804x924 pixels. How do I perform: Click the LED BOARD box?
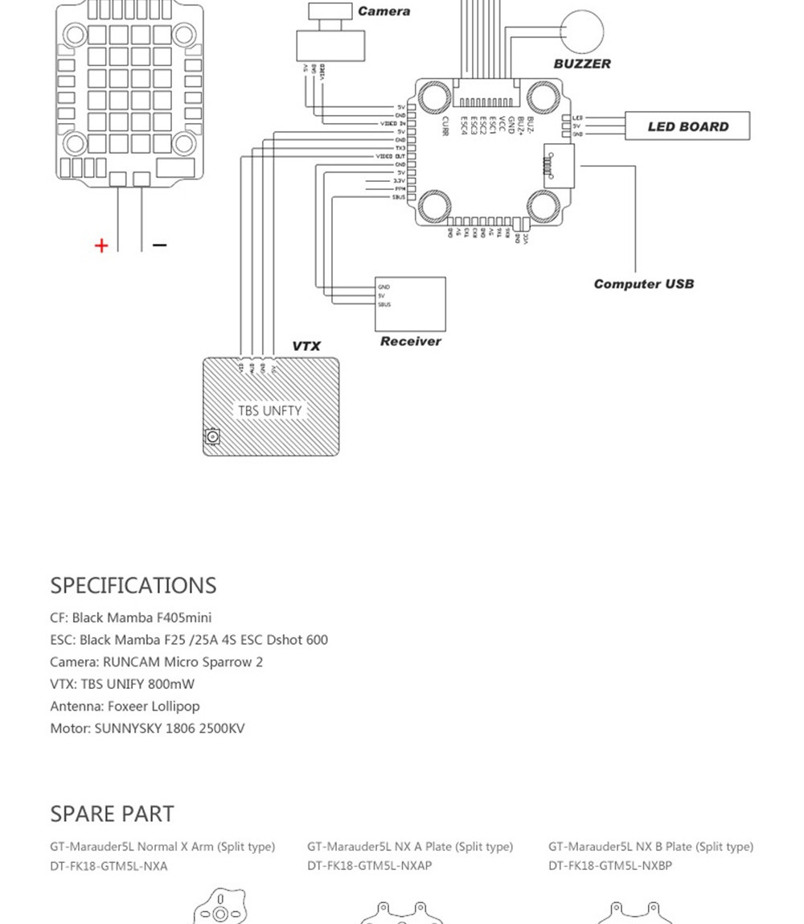coord(687,126)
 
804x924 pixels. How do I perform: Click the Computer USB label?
coord(643,284)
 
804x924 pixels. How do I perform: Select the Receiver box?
coord(411,303)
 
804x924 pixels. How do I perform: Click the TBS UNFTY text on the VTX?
coord(269,410)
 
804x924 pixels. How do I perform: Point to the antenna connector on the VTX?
coord(212,437)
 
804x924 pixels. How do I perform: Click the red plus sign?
coord(101,245)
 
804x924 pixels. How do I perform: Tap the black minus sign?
coord(159,245)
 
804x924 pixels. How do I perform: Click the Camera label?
coord(384,11)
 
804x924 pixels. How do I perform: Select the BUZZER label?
coord(582,64)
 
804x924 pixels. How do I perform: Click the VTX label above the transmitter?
coord(306,346)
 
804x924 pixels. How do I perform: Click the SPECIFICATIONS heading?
coord(133,585)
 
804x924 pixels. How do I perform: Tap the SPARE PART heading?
coord(112,814)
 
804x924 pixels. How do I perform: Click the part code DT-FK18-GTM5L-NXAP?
coord(369,866)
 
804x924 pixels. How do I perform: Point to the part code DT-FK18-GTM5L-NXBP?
coord(610,866)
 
